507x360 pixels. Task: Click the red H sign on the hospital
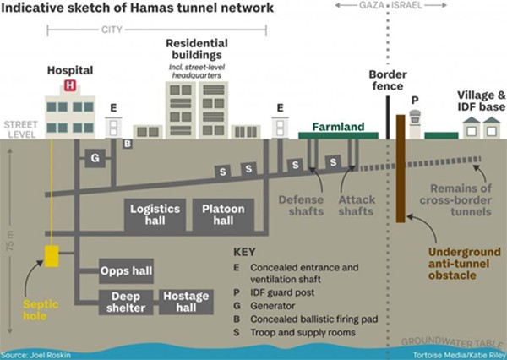point(70,85)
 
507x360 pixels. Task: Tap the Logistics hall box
point(155,215)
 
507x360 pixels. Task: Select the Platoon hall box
point(223,215)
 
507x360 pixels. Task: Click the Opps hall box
point(126,271)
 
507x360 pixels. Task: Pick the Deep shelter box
point(126,302)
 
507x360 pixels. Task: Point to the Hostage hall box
point(186,302)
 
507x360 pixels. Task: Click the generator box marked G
point(95,158)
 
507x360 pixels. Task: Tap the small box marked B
point(128,144)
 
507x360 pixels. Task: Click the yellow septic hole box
point(52,256)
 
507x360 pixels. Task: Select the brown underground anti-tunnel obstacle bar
point(401,168)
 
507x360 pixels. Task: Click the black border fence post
point(388,117)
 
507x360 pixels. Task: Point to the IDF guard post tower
point(415,124)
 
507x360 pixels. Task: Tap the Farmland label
point(338,127)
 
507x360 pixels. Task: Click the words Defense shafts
point(302,205)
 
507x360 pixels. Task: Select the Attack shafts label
point(357,205)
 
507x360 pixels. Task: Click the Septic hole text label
point(41,310)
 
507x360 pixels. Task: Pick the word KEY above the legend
point(244,252)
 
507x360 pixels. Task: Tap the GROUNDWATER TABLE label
point(452,343)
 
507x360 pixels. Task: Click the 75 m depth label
point(10,241)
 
